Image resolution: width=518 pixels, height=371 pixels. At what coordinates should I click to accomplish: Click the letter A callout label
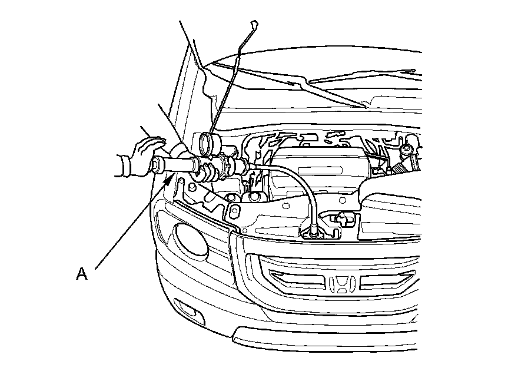tap(82, 274)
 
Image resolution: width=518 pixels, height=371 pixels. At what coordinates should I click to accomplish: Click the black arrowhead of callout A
tap(168, 180)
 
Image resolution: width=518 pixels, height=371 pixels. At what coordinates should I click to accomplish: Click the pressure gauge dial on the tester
tap(207, 144)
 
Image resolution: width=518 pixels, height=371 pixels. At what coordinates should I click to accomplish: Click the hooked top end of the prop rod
tap(254, 25)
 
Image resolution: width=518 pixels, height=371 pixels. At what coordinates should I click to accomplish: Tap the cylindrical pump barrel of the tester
tap(178, 164)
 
